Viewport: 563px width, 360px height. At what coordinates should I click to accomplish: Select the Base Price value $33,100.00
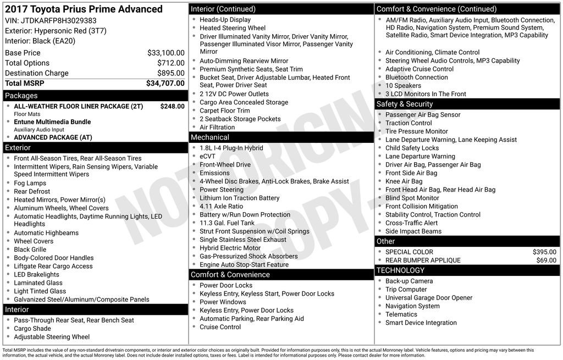[165, 53]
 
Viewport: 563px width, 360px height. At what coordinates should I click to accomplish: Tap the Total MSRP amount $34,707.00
[165, 83]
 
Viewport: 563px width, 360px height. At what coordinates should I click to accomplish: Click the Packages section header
[21, 96]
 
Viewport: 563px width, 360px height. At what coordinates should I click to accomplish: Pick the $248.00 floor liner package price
[172, 106]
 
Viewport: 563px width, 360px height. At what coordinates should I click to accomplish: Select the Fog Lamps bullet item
[30, 183]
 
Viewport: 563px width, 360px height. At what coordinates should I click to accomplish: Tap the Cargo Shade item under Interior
[32, 329]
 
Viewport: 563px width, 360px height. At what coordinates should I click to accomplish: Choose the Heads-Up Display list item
[225, 19]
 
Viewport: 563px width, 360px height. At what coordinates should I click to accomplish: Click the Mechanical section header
[210, 137]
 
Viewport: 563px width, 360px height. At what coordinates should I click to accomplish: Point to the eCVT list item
[208, 156]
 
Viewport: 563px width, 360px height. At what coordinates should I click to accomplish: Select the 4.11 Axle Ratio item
[221, 206]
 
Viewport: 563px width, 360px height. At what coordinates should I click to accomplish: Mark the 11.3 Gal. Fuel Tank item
[227, 223]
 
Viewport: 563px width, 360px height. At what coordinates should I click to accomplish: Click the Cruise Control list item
[220, 327]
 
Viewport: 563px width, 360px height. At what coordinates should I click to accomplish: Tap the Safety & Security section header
[404, 104]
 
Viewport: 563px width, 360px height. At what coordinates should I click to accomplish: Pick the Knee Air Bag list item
[404, 181]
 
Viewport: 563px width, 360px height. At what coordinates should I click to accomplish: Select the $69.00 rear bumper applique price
[546, 260]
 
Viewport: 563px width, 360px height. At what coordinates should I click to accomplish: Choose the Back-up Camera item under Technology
[409, 281]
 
